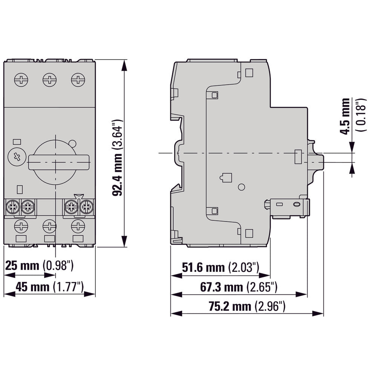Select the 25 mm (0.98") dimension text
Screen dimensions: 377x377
39,266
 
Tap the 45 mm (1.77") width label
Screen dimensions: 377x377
49,287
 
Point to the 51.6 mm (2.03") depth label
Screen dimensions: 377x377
221,268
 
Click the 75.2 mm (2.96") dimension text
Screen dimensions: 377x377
247,307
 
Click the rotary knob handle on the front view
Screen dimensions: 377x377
59,162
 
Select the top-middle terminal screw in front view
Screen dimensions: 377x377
49,80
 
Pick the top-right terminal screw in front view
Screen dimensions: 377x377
78,80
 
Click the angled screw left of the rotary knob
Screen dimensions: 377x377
17,157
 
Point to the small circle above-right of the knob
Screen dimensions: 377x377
73,143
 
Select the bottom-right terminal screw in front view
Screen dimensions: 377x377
78,226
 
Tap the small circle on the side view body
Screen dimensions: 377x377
242,187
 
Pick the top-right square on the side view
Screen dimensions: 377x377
249,72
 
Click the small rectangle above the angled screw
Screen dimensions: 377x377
17,142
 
